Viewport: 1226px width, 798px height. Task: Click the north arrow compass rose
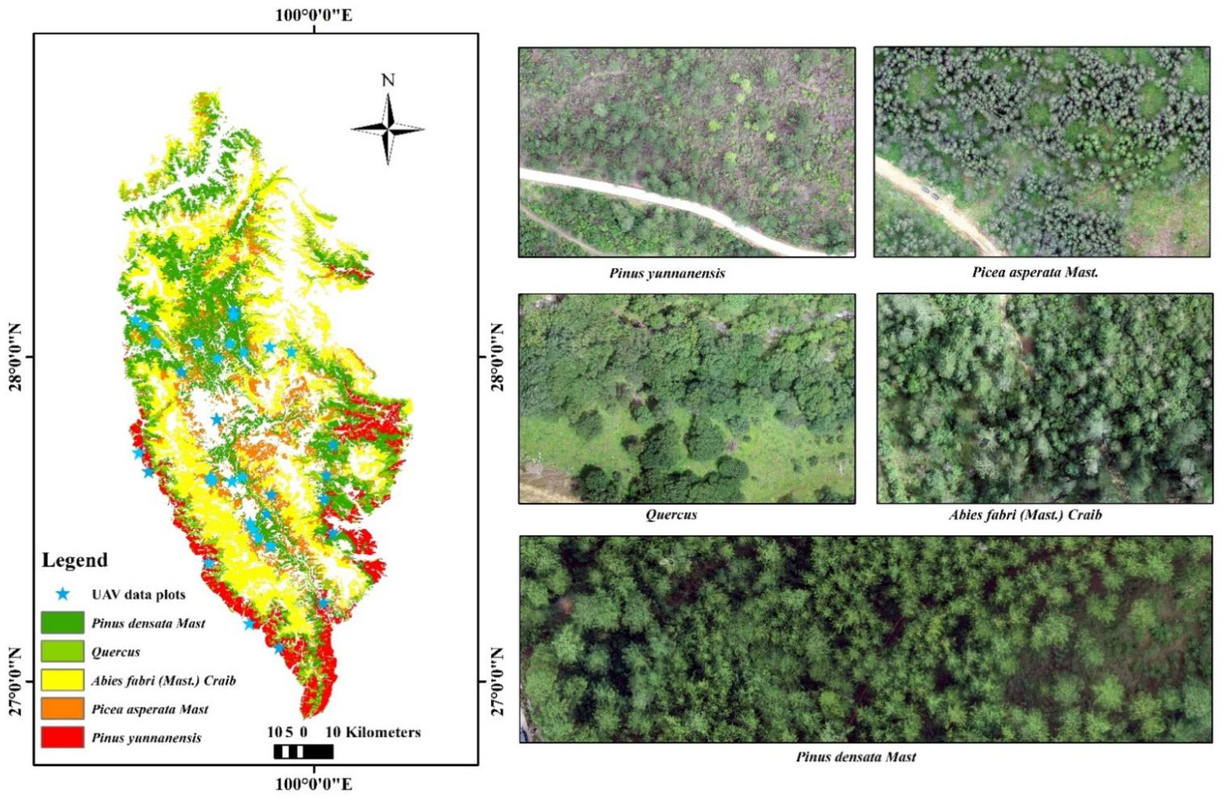click(x=388, y=129)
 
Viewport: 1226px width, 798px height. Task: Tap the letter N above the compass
click(x=388, y=80)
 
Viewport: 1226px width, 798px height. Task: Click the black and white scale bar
click(x=303, y=751)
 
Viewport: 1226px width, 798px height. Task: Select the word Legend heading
click(x=75, y=560)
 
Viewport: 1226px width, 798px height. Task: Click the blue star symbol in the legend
click(x=63, y=594)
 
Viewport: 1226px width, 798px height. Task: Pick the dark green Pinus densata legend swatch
click(x=63, y=623)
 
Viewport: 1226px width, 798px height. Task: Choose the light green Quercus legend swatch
click(x=63, y=652)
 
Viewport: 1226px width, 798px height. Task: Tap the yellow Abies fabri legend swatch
click(x=63, y=680)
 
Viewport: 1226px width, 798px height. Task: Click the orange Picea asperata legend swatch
click(x=63, y=709)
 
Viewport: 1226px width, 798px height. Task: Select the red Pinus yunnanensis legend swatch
click(x=63, y=737)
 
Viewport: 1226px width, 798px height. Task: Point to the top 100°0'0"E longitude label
click(x=314, y=15)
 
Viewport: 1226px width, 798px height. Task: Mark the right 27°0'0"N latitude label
click(x=497, y=681)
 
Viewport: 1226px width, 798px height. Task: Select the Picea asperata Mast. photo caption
click(x=1035, y=272)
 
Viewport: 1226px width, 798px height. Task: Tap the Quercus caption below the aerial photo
click(x=671, y=514)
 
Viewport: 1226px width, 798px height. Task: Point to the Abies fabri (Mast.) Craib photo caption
click(x=1025, y=514)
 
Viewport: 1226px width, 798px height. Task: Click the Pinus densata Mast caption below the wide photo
click(x=856, y=757)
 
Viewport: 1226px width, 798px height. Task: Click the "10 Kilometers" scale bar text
click(x=373, y=732)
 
